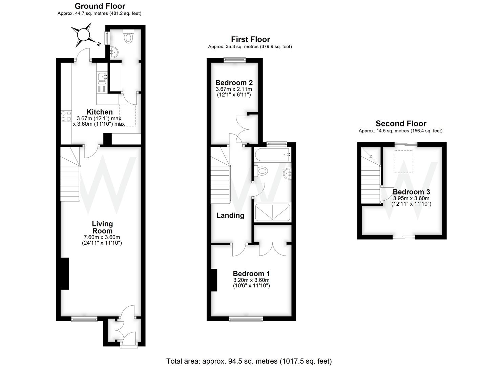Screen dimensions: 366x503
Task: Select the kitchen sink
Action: pyautogui.click(x=102, y=78)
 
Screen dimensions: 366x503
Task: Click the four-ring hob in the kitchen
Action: pyautogui.click(x=66, y=116)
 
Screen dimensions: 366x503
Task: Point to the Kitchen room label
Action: pyautogui.click(x=100, y=112)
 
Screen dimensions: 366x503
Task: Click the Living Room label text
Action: pyautogui.click(x=102, y=227)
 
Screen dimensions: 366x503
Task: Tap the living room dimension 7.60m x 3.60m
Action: pyautogui.click(x=102, y=237)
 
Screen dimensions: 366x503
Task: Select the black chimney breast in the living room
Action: pyautogui.click(x=64, y=273)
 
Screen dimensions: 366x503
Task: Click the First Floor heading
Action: pyautogui.click(x=250, y=39)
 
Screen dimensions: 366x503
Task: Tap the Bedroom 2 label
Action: pyautogui.click(x=234, y=83)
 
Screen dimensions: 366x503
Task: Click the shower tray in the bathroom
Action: pyautogui.click(x=273, y=212)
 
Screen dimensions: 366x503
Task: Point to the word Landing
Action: pyautogui.click(x=230, y=215)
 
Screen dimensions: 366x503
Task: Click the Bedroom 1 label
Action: pyautogui.click(x=251, y=273)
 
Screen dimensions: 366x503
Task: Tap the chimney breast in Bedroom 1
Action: pyautogui.click(x=214, y=280)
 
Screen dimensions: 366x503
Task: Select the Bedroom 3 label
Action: pyautogui.click(x=411, y=192)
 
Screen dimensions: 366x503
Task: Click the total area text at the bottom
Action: pyautogui.click(x=249, y=361)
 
